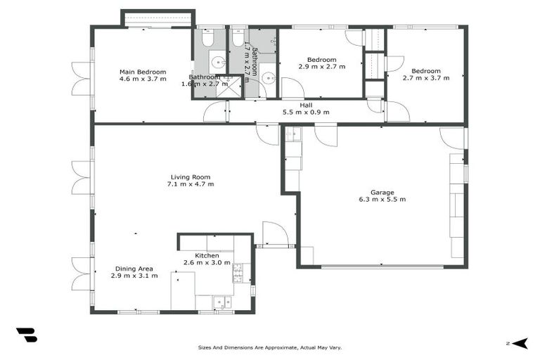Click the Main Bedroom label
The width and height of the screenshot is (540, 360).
[x=143, y=72]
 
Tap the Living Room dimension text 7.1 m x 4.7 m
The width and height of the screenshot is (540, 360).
[x=190, y=184]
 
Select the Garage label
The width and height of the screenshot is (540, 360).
[x=382, y=192]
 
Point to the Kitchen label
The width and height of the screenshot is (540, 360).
[x=197, y=255]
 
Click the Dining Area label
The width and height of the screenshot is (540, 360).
[x=134, y=269]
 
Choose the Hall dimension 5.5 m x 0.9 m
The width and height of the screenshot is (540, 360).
[x=306, y=112]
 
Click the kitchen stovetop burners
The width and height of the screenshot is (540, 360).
[x=238, y=273]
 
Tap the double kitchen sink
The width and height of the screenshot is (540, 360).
[x=222, y=302]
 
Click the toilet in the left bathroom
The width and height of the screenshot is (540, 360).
[x=209, y=37]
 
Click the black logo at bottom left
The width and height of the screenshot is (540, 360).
[x=26, y=335]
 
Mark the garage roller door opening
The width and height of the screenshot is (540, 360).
[x=382, y=266]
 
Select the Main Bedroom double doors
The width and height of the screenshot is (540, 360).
[x=81, y=79]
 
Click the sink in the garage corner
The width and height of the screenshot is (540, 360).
[x=293, y=134]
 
